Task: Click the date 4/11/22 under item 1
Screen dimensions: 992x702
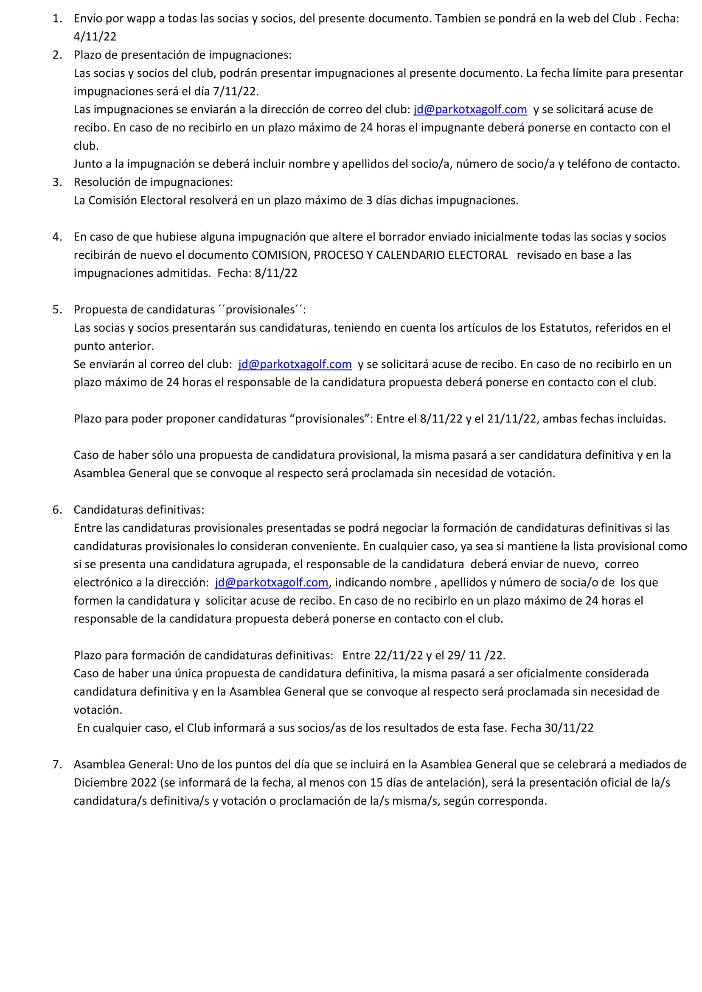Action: [x=95, y=37]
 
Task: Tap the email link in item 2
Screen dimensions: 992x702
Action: [x=470, y=109]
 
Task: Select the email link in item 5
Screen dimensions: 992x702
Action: [x=295, y=364]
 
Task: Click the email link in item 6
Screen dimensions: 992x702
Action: [x=272, y=582]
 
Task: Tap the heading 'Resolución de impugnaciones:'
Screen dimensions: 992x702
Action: [x=154, y=182]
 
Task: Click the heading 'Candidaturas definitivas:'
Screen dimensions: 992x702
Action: [x=139, y=510]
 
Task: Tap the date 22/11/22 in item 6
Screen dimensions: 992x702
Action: [x=398, y=655]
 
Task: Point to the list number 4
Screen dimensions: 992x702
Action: [x=57, y=237]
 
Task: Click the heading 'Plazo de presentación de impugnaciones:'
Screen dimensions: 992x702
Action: [x=183, y=55]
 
